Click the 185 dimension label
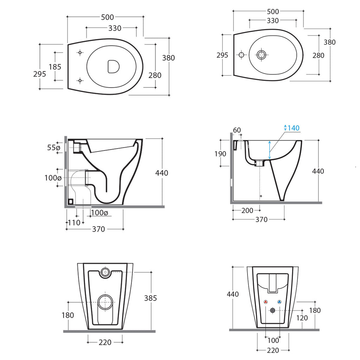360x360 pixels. coord(55,66)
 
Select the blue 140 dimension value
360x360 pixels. coord(294,128)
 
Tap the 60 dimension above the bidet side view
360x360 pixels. coord(237,130)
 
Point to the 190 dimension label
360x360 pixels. coord(221,154)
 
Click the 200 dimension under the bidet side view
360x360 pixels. coord(247,211)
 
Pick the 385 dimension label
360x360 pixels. coord(150,298)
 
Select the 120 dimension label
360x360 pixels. coord(302,318)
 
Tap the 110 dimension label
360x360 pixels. coord(74,223)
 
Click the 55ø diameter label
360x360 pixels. coord(53,148)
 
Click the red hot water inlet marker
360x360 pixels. coord(265,302)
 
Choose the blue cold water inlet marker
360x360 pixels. coord(279,302)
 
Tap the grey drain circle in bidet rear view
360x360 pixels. coord(272,310)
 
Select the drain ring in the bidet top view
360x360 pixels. coord(261,54)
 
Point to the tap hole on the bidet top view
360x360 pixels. coord(241,55)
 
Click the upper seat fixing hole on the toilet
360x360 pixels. coord(80,53)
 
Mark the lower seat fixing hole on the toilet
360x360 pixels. coord(80,81)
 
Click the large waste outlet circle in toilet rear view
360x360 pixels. coord(105,302)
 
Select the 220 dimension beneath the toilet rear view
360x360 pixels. coord(105,342)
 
